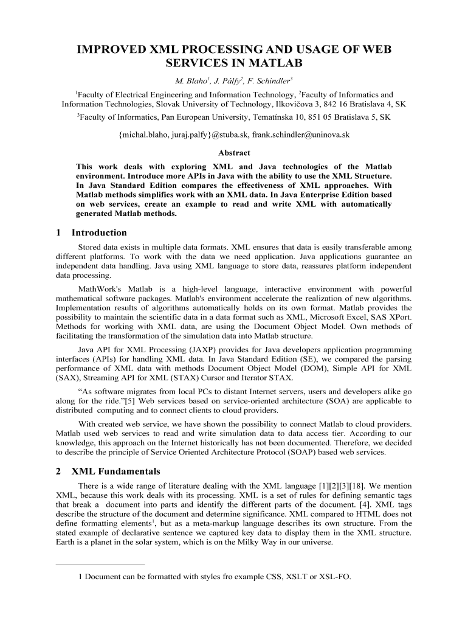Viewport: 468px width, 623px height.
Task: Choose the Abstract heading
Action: pyautogui.click(x=233, y=153)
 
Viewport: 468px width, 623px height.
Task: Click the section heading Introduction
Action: pyautogui.click(x=99, y=232)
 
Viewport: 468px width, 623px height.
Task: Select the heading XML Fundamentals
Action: pyautogui.click(x=116, y=471)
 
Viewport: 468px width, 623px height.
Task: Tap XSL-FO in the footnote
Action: pyautogui.click(x=336, y=577)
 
